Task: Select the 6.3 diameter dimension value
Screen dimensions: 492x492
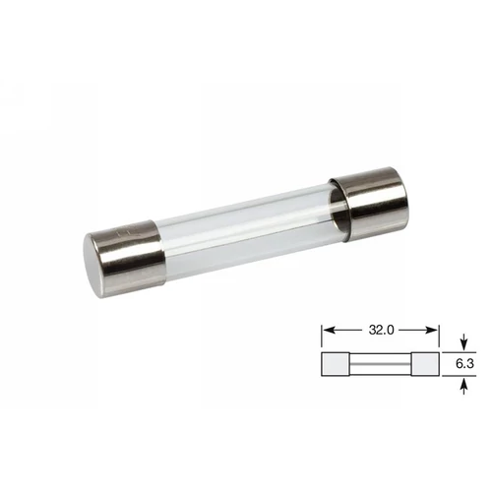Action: click(464, 365)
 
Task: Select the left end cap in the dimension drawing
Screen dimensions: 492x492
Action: click(335, 365)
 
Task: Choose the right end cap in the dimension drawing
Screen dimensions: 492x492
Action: click(425, 365)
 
